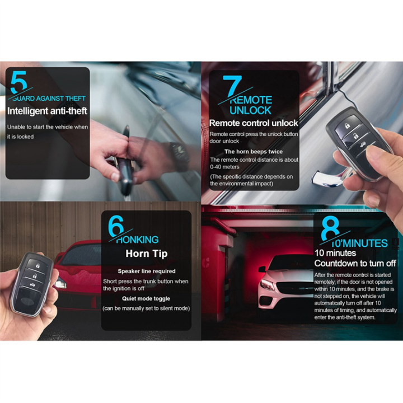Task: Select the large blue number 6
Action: tap(116, 227)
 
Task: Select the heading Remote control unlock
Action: tap(253, 123)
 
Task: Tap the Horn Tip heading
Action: tap(146, 254)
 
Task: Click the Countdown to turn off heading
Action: tap(355, 263)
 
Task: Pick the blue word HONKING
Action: tap(138, 240)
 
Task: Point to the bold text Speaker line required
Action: tap(146, 271)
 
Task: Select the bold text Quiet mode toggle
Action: tap(146, 298)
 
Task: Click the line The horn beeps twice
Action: tap(253, 151)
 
